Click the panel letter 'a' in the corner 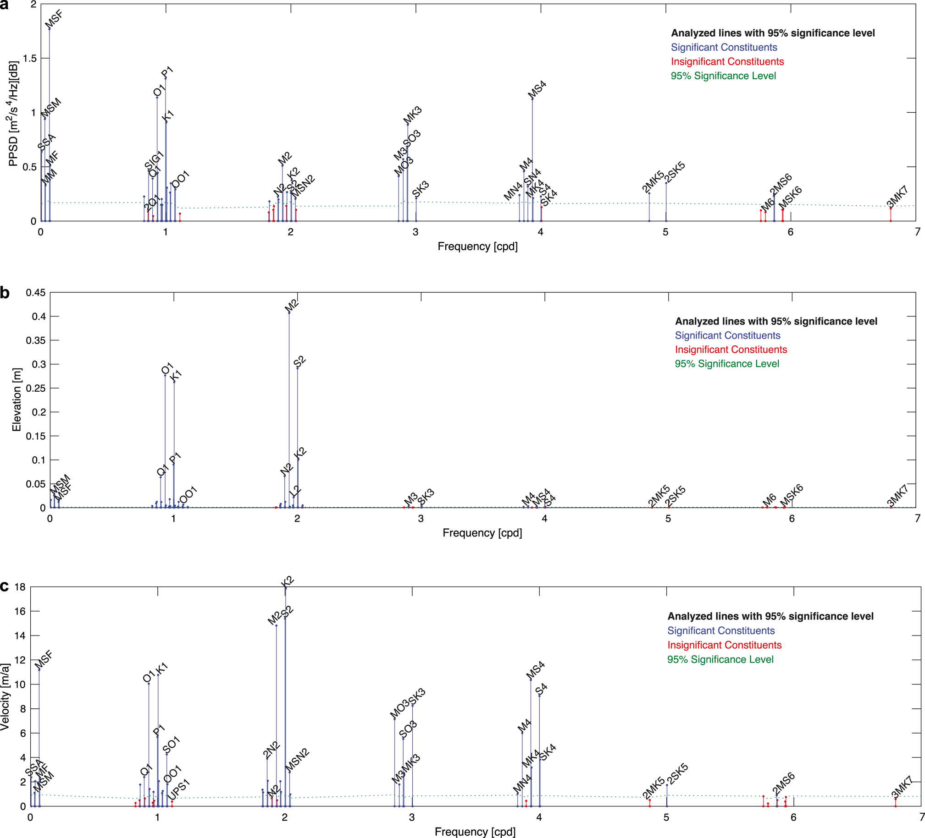coord(4,5)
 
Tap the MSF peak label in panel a coord(54,20)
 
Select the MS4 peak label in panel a coord(537,89)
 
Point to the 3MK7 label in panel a coord(897,197)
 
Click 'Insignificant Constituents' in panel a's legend coord(727,61)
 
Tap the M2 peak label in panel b coord(292,305)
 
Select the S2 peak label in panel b coord(299,361)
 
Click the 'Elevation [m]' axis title coord(17,399)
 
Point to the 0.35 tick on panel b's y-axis coord(35,340)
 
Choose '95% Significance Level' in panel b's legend coord(727,363)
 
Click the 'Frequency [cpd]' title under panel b coord(482,533)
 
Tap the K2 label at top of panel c coord(287,582)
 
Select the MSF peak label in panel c coord(44,659)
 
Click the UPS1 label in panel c coord(178,789)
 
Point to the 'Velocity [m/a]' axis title coord(5,697)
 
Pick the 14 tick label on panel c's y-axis coord(20,635)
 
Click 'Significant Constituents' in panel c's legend coord(721,630)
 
